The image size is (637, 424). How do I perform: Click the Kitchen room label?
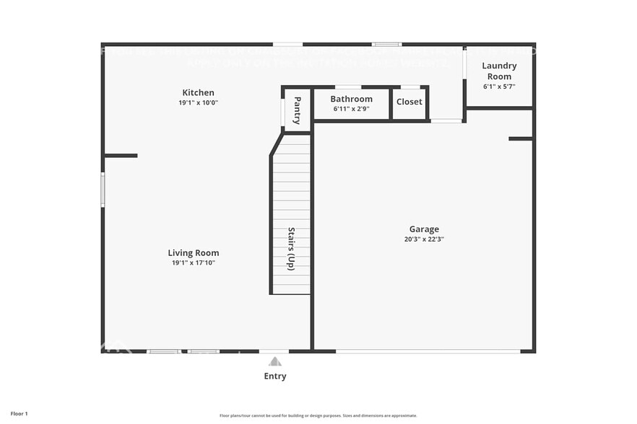(x=198, y=92)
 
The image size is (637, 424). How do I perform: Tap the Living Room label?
(x=194, y=253)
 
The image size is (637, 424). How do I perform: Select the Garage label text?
(x=424, y=229)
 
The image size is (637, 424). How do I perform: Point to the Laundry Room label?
(x=499, y=71)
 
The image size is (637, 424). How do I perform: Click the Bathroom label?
(x=352, y=99)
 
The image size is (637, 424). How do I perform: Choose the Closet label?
(x=409, y=102)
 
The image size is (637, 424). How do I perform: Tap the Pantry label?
(x=297, y=110)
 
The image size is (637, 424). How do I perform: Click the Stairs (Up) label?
(x=291, y=248)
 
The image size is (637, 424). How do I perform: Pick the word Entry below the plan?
(x=275, y=376)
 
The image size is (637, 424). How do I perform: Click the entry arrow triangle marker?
(x=275, y=361)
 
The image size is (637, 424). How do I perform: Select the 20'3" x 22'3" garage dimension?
(x=424, y=239)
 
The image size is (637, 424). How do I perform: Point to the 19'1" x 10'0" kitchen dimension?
(x=198, y=103)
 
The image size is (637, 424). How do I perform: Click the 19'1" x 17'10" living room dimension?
(x=194, y=263)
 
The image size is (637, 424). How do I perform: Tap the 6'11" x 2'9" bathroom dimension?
(x=352, y=109)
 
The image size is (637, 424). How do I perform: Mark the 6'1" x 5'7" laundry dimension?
(x=499, y=87)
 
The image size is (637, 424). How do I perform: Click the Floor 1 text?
(x=19, y=414)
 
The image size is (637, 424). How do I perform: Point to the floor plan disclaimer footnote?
(x=318, y=415)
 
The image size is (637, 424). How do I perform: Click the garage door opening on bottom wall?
(x=428, y=351)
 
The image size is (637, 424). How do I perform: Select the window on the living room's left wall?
(x=103, y=190)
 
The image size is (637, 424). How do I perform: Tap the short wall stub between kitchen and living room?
(x=121, y=155)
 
